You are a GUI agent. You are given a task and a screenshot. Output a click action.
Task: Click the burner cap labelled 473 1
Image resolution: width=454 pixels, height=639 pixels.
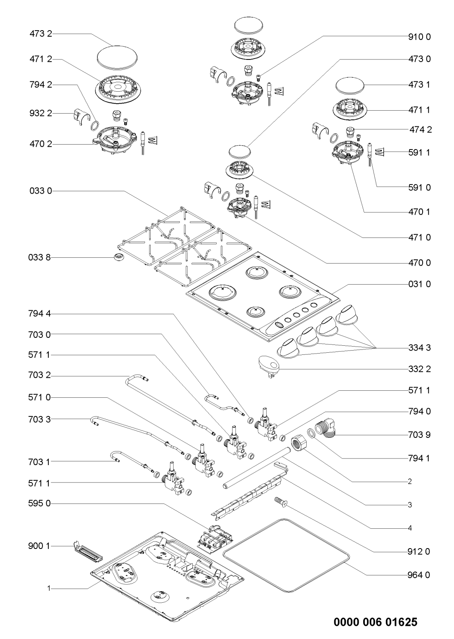click(349, 87)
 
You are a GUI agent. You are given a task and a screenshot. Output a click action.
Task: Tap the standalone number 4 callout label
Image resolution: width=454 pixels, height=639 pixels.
click(410, 527)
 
